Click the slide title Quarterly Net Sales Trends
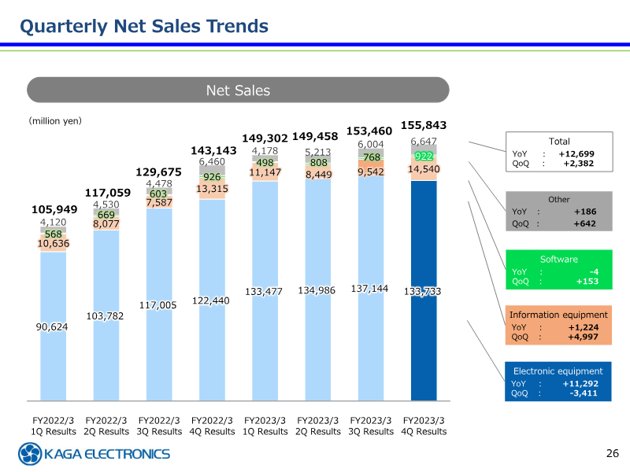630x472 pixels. (144, 27)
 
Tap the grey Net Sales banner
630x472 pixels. (238, 90)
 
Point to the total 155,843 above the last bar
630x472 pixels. (424, 126)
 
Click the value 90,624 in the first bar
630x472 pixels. (52, 326)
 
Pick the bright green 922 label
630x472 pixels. (424, 156)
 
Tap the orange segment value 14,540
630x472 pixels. (424, 169)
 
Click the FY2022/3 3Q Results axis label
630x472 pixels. (159, 426)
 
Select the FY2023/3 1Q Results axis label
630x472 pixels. (265, 426)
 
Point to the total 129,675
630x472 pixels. (159, 171)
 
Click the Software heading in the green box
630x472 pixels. (559, 260)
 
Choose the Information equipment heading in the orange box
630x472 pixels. (559, 315)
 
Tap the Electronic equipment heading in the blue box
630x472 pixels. (558, 371)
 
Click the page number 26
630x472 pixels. (613, 453)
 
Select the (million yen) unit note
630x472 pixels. (55, 121)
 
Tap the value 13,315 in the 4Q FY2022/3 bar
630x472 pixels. (213, 189)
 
